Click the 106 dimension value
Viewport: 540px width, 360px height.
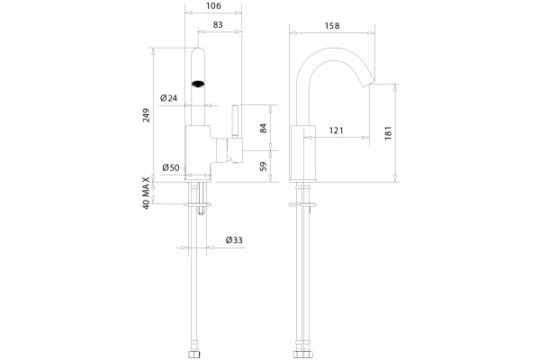[213, 5]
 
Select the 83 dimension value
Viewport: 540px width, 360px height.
[218, 24]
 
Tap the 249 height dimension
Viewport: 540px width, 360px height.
[147, 115]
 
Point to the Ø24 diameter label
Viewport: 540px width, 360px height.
[169, 98]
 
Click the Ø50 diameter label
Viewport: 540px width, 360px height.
[171, 167]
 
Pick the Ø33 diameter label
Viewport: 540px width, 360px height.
[234, 239]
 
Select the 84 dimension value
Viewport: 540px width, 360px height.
[263, 128]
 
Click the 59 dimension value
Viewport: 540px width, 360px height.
[263, 166]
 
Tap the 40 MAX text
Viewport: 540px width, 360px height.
[147, 193]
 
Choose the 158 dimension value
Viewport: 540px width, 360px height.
[332, 25]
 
